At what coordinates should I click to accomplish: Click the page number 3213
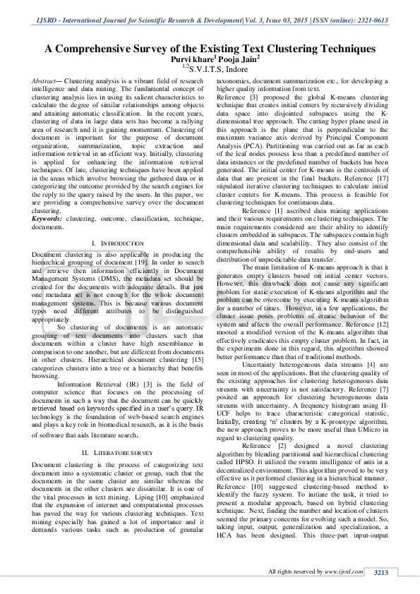point(380,572)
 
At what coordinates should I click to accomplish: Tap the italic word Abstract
point(46,82)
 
